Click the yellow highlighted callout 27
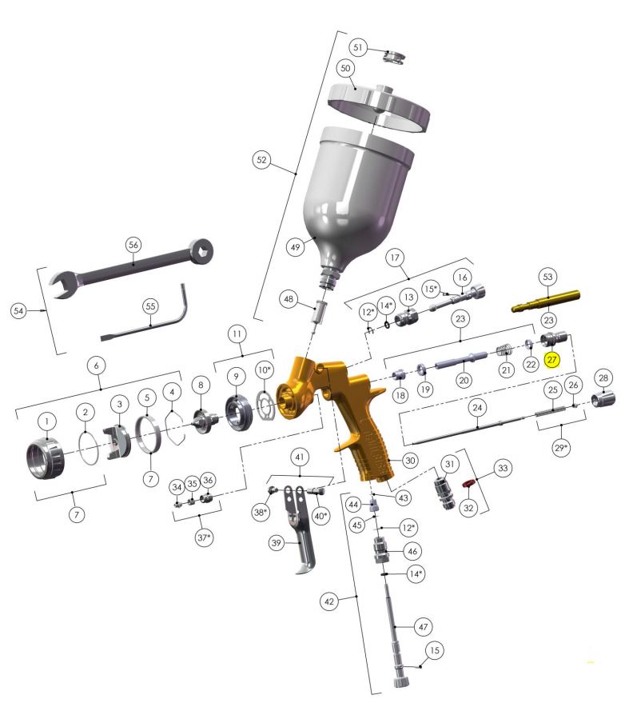[x=551, y=360]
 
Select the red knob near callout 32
[x=468, y=483]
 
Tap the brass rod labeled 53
[x=546, y=301]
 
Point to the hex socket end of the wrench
[x=201, y=251]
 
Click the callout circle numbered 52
[x=261, y=160]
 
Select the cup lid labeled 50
[x=379, y=108]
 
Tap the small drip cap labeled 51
[x=393, y=57]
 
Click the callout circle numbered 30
[x=410, y=460]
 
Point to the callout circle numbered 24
[x=477, y=408]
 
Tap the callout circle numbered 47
[x=423, y=627]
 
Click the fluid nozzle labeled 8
[x=204, y=420]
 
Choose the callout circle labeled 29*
[x=561, y=447]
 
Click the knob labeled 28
[x=603, y=398]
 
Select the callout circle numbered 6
[x=97, y=365]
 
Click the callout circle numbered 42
[x=328, y=601]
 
